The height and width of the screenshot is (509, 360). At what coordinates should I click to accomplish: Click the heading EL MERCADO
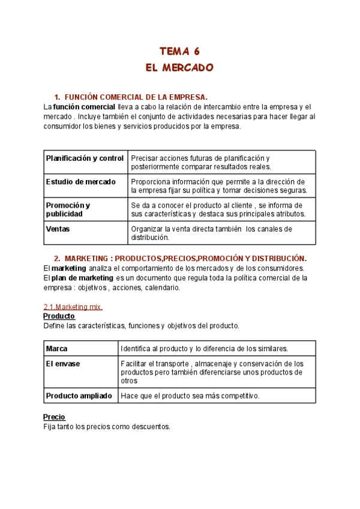pyautogui.click(x=179, y=67)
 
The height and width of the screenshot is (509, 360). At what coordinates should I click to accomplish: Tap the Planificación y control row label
pyautogui.click(x=85, y=158)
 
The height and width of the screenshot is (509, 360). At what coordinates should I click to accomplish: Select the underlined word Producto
pyautogui.click(x=59, y=316)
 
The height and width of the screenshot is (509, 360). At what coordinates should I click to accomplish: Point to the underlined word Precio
pyautogui.click(x=54, y=417)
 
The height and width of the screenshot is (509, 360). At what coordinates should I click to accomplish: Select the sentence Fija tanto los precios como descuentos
pyautogui.click(x=107, y=427)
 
